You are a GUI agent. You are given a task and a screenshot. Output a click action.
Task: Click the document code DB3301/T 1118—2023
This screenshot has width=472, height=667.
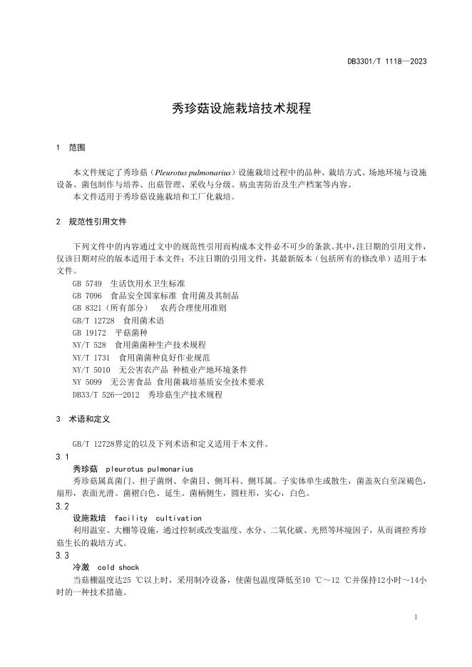(x=388, y=62)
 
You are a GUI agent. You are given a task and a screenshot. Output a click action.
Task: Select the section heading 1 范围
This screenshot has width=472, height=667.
(x=70, y=148)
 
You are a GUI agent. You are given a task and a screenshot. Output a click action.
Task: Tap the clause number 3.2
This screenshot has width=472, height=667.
(x=62, y=506)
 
